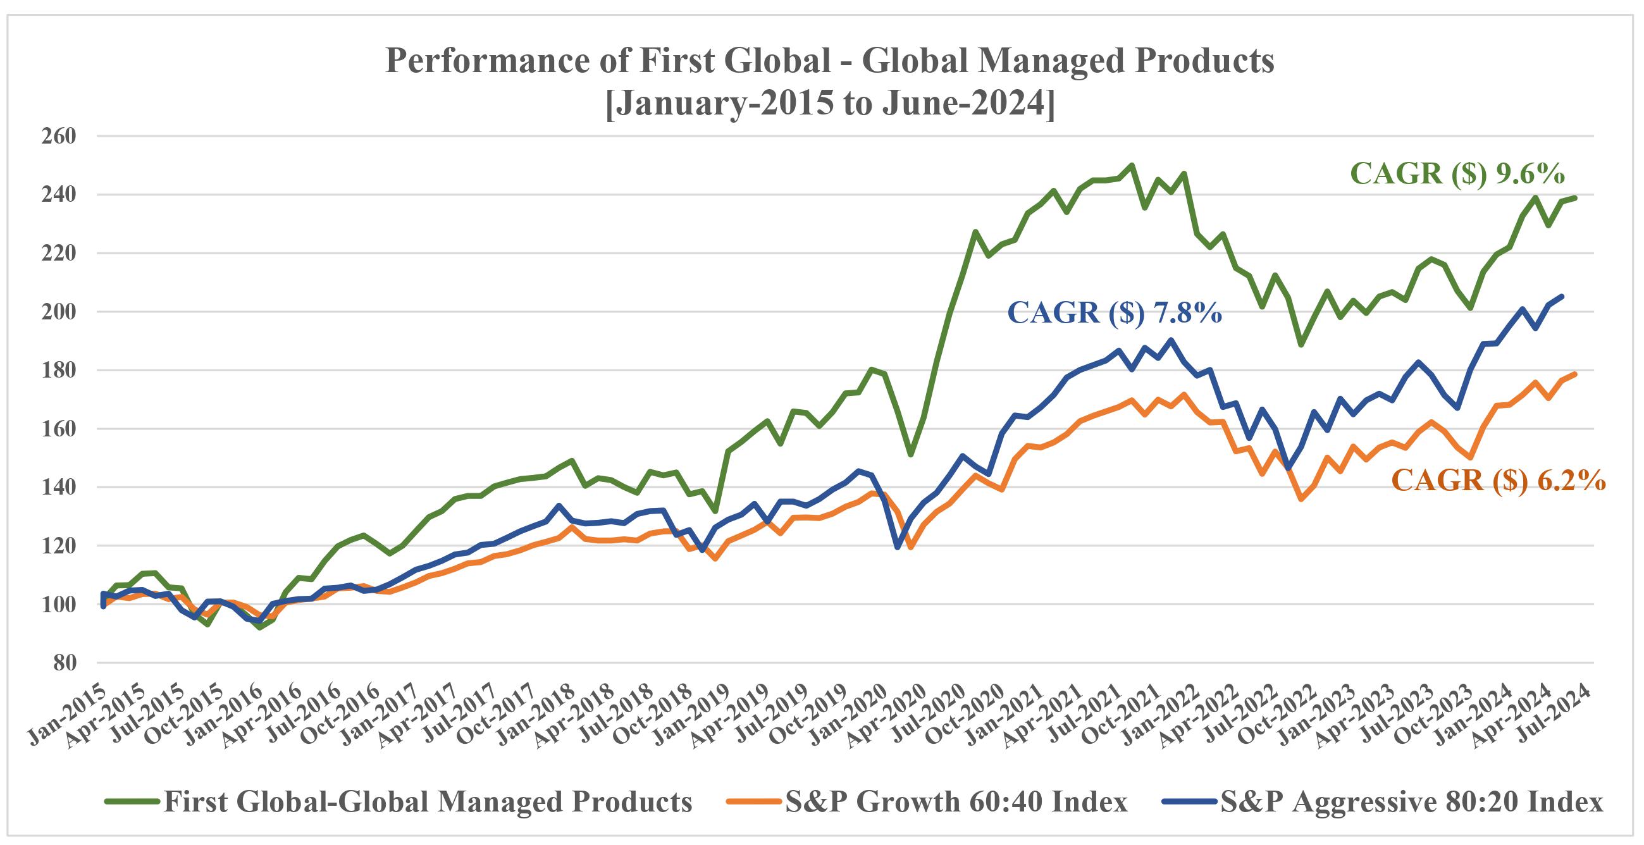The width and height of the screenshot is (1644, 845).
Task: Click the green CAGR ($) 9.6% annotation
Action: coord(1457,174)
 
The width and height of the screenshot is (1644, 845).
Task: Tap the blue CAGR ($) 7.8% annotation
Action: coord(1115,313)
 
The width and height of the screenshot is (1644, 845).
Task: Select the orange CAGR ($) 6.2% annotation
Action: coord(1499,480)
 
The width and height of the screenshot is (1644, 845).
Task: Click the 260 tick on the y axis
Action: coord(59,136)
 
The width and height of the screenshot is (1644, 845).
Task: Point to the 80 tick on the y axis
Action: coord(64,663)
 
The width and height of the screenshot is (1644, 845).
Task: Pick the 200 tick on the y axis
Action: coord(59,312)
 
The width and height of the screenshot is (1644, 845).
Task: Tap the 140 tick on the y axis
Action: coord(59,488)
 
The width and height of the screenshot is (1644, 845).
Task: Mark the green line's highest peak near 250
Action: coord(1132,164)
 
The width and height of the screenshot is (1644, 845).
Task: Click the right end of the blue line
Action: coord(1562,296)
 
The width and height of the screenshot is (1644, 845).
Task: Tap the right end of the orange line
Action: coord(1575,374)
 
